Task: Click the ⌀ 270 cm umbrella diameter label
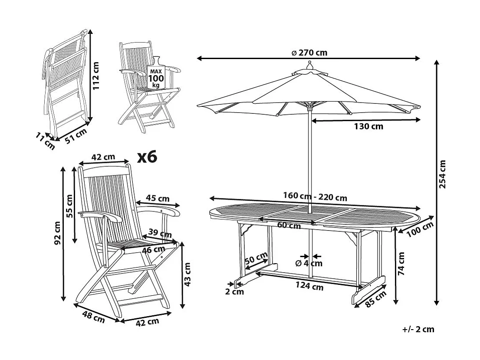(x=309, y=53)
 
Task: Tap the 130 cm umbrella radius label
(x=368, y=126)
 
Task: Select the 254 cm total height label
(x=442, y=175)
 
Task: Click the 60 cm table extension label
(x=289, y=225)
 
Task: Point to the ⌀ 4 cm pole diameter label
(x=309, y=263)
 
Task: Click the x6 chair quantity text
(x=146, y=157)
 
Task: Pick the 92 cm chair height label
(x=57, y=233)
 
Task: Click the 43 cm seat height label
(x=188, y=275)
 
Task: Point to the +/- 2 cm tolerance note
(x=418, y=329)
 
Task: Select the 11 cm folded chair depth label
(x=46, y=142)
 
